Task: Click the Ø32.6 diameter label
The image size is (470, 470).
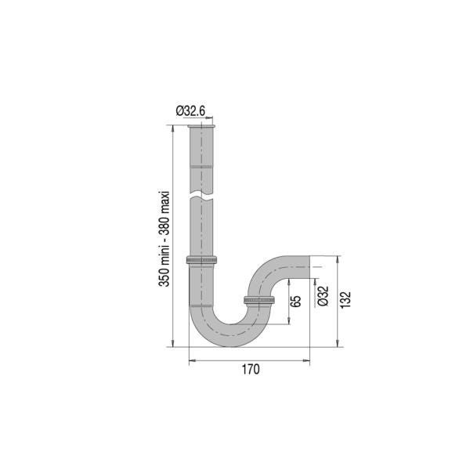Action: click(x=190, y=111)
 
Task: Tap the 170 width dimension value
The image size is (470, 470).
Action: click(x=251, y=369)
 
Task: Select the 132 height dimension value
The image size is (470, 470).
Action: click(x=345, y=299)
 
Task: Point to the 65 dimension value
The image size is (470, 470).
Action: click(x=296, y=302)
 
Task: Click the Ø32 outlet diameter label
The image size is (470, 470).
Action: click(x=323, y=296)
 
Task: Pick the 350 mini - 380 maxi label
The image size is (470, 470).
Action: click(x=164, y=238)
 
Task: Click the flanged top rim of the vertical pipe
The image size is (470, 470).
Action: click(x=201, y=126)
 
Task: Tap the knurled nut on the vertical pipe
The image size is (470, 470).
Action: click(x=201, y=260)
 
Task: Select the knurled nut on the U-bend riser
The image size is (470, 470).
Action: click(x=259, y=300)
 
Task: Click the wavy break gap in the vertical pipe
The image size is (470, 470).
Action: click(x=201, y=197)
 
